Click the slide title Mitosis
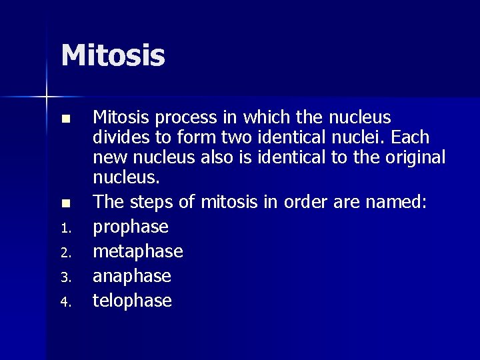tap(113, 55)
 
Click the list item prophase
tap(131, 227)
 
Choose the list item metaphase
tap(138, 251)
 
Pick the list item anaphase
tap(132, 276)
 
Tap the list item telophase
tap(132, 301)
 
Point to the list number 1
tap(65, 229)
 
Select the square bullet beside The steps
tap(65, 202)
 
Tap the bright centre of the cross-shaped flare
tap(47, 97)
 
